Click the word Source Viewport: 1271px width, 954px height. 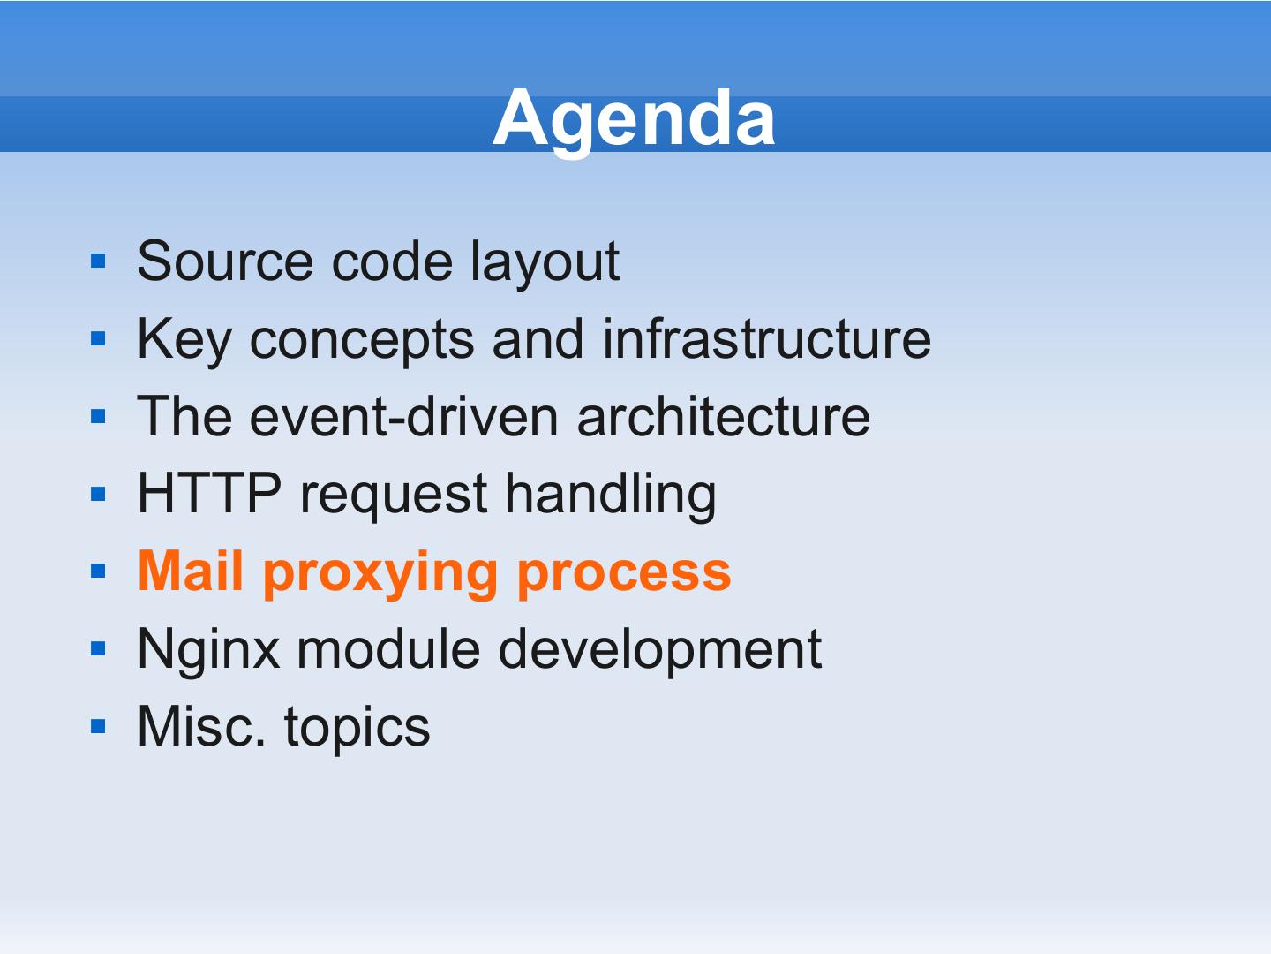tap(225, 261)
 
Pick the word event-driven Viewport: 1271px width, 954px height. tap(403, 416)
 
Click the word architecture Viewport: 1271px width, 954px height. tap(723, 416)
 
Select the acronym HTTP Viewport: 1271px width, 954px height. tap(209, 493)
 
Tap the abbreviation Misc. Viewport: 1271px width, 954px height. tap(201, 726)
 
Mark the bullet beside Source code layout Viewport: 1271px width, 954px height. tap(99, 261)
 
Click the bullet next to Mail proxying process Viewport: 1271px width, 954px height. tap(99, 572)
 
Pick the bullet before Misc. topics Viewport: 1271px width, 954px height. tap(99, 726)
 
